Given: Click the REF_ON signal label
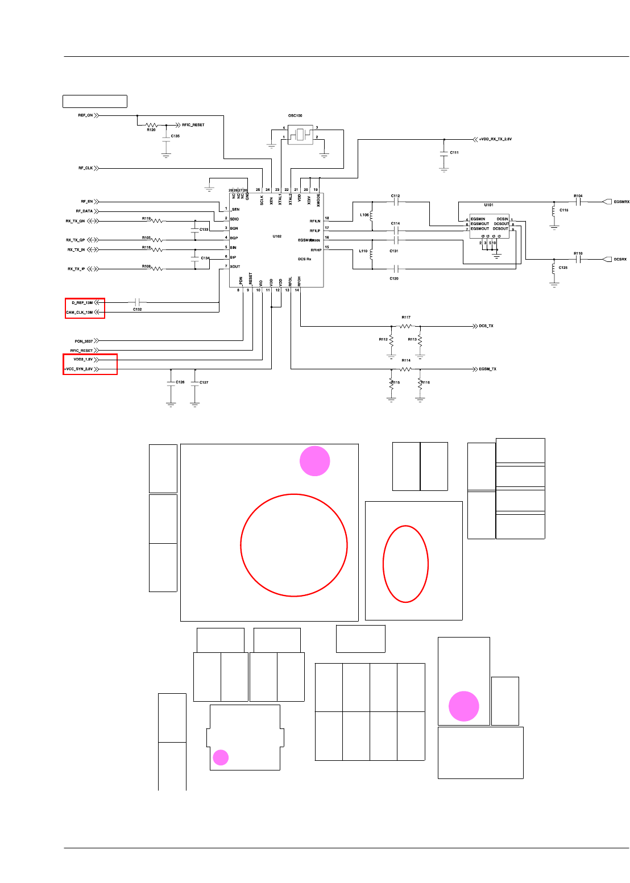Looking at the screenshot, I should coord(85,115).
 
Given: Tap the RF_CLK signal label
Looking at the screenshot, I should coord(85,168).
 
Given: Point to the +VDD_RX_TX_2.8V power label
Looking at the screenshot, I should coord(495,139).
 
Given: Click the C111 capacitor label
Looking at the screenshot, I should coord(454,152).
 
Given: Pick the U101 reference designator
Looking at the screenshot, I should coord(488,205).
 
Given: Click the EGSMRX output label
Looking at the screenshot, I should coord(621,202).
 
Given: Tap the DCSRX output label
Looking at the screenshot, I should coord(620,260).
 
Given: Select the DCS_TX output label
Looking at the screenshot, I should coord(486,326).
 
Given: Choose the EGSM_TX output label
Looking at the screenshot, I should coord(487,369).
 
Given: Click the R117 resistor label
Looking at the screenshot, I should coord(406,318).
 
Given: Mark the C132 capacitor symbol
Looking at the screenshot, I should coord(137,302).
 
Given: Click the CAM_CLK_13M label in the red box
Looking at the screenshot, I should coord(80,313).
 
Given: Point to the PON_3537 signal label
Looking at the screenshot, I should coord(84,341).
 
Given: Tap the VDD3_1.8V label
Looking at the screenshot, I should coord(83,359).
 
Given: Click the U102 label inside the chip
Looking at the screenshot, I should coord(277,236).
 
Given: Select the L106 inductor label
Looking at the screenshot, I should coord(364,215).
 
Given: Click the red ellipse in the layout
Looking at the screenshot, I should coord(405,564).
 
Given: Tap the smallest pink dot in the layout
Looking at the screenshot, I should coord(221,757).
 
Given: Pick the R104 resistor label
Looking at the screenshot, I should coord(578,196).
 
